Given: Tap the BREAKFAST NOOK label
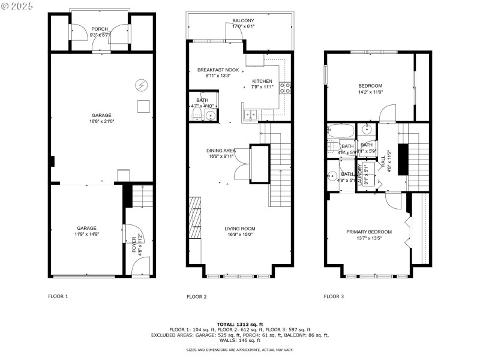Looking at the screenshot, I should (x=214, y=70).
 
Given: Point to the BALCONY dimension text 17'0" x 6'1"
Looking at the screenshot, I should (x=243, y=26).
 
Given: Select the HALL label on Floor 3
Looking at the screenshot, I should (x=383, y=161).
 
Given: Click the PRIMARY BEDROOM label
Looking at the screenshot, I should (x=368, y=232).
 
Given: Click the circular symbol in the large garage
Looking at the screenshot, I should (x=142, y=85).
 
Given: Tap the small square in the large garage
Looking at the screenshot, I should (x=143, y=106).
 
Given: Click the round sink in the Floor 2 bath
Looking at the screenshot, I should (x=210, y=115).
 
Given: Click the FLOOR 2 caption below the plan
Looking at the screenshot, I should (x=196, y=296).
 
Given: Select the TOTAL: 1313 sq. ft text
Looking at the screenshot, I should (x=240, y=324).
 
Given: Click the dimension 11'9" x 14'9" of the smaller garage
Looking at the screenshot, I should (x=86, y=235).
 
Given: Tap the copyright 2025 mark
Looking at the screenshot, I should (x=17, y=6).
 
